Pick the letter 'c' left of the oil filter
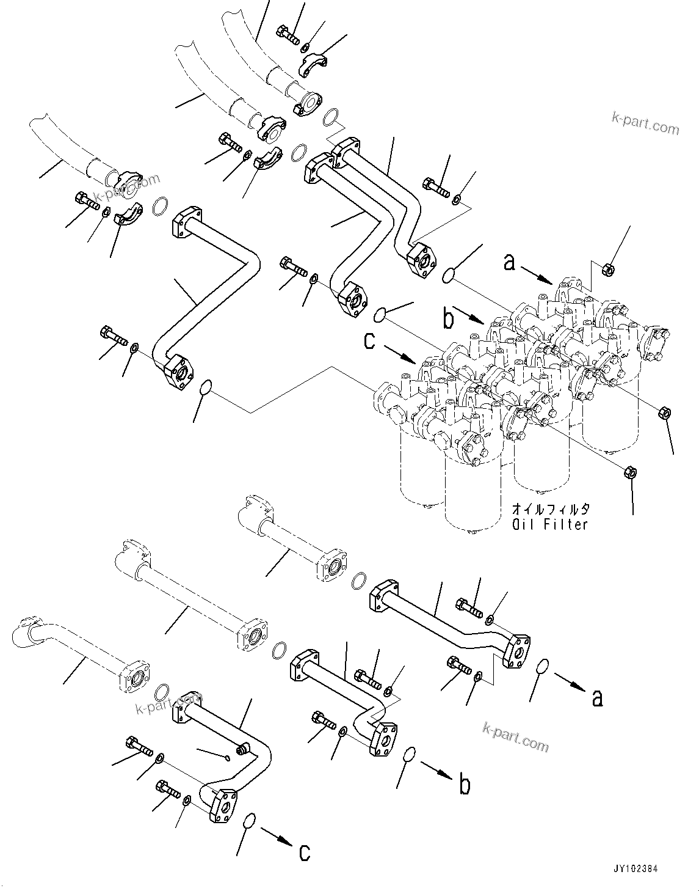369,340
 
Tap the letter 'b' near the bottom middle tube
465,785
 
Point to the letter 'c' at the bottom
304,853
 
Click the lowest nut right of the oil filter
631,472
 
